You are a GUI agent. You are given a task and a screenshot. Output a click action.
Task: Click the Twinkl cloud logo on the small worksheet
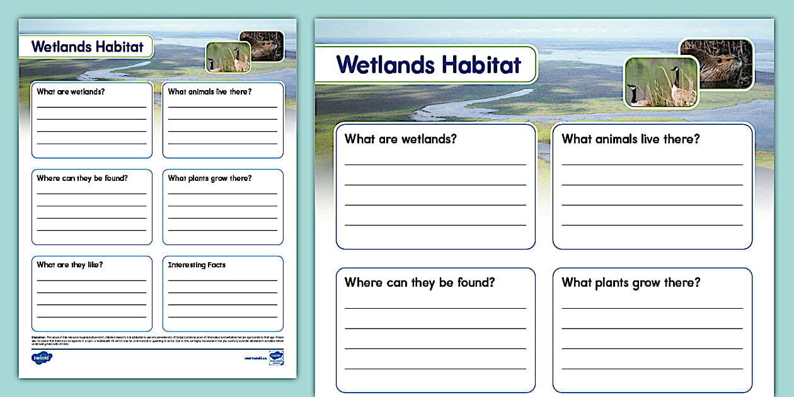[42, 358]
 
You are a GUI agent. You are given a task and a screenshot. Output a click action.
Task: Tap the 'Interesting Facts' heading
[197, 265]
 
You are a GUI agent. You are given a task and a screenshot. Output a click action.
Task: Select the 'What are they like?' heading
[70, 265]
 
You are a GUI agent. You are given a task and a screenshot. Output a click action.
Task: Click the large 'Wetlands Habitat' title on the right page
[429, 64]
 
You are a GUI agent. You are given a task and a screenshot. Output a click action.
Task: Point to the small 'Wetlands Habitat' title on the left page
[88, 46]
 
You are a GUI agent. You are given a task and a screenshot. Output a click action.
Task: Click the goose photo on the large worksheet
[662, 83]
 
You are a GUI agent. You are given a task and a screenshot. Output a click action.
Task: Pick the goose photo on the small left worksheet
[228, 57]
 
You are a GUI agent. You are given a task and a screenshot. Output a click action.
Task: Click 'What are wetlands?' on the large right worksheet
[401, 139]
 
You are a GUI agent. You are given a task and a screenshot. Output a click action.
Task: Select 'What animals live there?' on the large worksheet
[630, 139]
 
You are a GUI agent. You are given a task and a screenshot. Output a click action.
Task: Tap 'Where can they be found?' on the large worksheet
[420, 282]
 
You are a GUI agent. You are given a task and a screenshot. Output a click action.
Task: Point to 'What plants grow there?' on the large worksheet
[631, 282]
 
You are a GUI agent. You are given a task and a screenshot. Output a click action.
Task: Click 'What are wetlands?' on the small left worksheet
[71, 92]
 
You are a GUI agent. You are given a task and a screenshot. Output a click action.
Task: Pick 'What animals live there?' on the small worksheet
[210, 92]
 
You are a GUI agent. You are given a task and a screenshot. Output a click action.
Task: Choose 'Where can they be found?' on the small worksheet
[82, 178]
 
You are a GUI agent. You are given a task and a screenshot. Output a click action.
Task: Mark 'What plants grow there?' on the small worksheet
[210, 178]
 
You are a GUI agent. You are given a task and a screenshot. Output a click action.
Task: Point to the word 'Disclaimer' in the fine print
[39, 337]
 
